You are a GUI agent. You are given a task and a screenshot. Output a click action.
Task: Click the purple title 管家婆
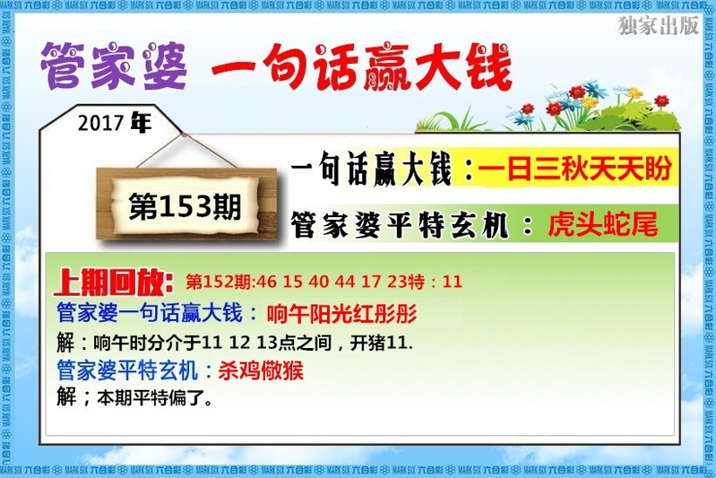pyautogui.click(x=114, y=65)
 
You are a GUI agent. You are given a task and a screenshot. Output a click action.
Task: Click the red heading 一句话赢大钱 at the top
pyautogui.click(x=362, y=66)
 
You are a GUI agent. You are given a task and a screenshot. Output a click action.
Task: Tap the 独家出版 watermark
pyautogui.click(x=659, y=26)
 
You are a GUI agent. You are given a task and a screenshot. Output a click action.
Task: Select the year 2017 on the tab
pyautogui.click(x=100, y=123)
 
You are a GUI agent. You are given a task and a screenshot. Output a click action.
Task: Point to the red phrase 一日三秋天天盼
pyautogui.click(x=574, y=169)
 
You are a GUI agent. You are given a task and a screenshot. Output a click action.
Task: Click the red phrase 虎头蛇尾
pyautogui.click(x=603, y=224)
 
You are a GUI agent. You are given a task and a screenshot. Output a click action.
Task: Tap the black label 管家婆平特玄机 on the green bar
pyautogui.click(x=400, y=225)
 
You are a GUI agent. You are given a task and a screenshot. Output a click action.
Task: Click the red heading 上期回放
pyautogui.click(x=113, y=282)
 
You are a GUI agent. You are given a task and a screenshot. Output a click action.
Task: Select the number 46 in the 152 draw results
pyautogui.click(x=266, y=282)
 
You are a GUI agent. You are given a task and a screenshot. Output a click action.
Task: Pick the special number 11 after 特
pyautogui.click(x=452, y=282)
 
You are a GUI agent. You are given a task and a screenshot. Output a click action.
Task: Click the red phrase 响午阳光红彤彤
pyautogui.click(x=341, y=314)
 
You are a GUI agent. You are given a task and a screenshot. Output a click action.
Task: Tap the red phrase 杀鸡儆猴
pyautogui.click(x=261, y=370)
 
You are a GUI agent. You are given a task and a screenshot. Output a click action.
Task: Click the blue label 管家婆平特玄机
pyautogui.click(x=127, y=370)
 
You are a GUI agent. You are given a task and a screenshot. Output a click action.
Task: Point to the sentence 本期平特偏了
pyautogui.click(x=154, y=398)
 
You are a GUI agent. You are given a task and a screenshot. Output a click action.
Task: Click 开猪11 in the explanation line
pyautogui.click(x=381, y=343)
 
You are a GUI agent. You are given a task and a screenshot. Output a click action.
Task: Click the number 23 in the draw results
pyautogui.click(x=398, y=282)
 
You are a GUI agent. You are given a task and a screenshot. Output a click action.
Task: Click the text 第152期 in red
pyautogui.click(x=219, y=282)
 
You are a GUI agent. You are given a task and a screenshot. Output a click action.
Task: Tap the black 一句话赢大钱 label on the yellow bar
pyautogui.click(x=371, y=169)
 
